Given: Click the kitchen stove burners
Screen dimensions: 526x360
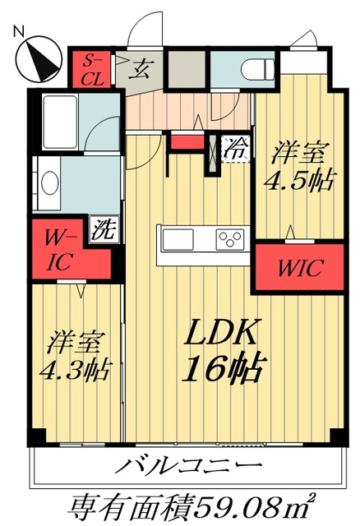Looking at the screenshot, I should (x=229, y=239).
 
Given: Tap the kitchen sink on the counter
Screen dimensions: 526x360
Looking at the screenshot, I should (x=178, y=239).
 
